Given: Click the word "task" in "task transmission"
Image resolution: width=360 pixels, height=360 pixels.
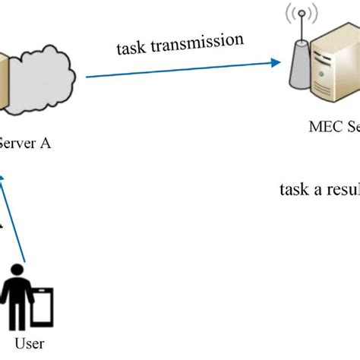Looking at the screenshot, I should (131, 49).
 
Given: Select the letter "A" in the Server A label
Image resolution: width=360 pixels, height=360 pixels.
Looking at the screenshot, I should (45, 141).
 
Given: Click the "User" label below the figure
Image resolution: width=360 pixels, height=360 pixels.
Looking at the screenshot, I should (29, 343).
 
